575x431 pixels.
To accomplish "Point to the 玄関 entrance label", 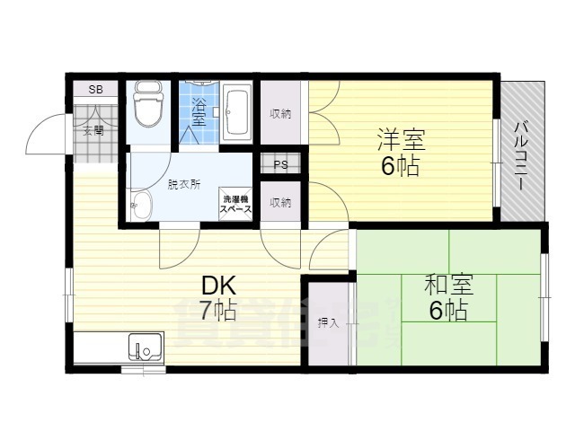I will (93, 130).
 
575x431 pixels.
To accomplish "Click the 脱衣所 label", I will (183, 184).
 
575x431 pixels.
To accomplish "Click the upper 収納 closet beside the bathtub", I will (281, 113).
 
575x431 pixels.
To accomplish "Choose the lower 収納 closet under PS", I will (281, 202).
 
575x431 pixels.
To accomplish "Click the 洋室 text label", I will (401, 139).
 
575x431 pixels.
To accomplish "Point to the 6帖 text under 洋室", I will (401, 165).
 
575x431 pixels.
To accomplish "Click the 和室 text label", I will (447, 285).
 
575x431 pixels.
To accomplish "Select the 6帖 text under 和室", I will (447, 311).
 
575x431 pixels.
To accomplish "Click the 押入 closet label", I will (329, 321).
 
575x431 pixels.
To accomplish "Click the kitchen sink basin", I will (144, 346).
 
